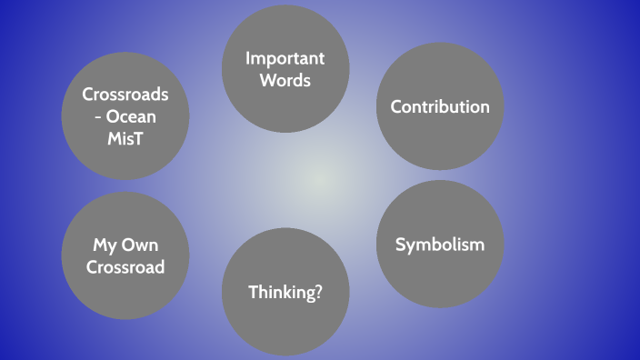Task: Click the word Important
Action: click(285, 59)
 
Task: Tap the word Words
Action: click(285, 80)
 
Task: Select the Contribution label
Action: click(440, 106)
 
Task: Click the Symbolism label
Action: click(440, 245)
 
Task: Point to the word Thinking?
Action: click(285, 292)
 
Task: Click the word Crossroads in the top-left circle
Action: click(125, 94)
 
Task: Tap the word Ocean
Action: click(134, 115)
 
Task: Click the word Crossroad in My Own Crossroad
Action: click(125, 266)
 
